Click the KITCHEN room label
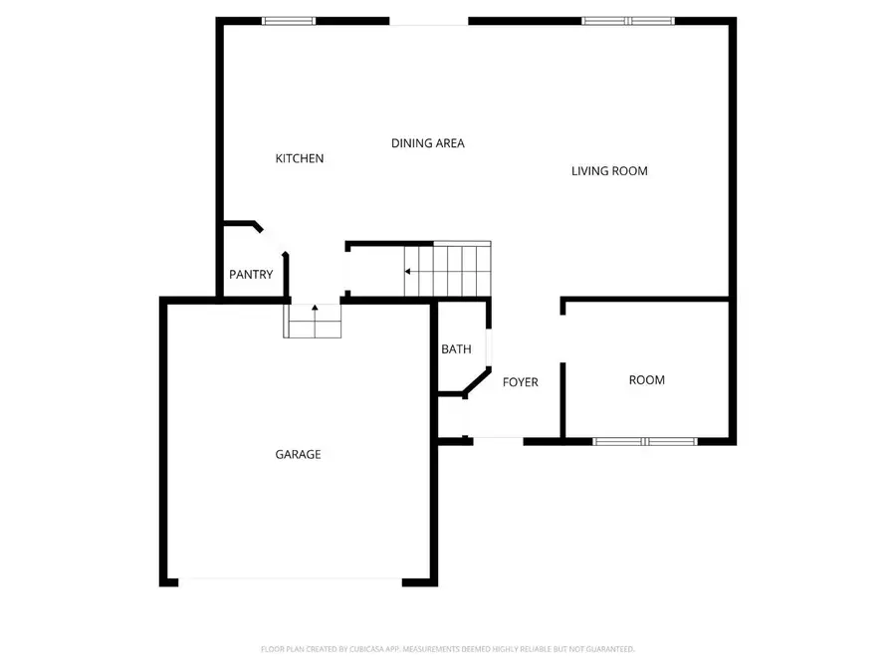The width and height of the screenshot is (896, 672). pyautogui.click(x=300, y=158)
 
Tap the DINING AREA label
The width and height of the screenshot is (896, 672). pyautogui.click(x=427, y=143)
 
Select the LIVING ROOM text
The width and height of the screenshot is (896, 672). pyautogui.click(x=609, y=171)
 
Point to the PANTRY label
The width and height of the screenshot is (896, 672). pyautogui.click(x=251, y=275)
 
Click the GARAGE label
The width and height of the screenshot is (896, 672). pyautogui.click(x=298, y=455)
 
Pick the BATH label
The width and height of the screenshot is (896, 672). pyautogui.click(x=456, y=349)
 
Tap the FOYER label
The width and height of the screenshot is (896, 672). pyautogui.click(x=520, y=382)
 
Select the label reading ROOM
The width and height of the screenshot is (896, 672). pyautogui.click(x=647, y=380)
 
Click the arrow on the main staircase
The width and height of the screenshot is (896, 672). pyautogui.click(x=409, y=270)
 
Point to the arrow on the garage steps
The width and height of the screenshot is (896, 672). pyautogui.click(x=315, y=309)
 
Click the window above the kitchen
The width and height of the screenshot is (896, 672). pyautogui.click(x=289, y=20)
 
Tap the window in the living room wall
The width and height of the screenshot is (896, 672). pyautogui.click(x=628, y=20)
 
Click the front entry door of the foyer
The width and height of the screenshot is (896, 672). pyautogui.click(x=497, y=439)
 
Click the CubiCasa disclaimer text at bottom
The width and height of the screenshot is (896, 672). pyautogui.click(x=447, y=649)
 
